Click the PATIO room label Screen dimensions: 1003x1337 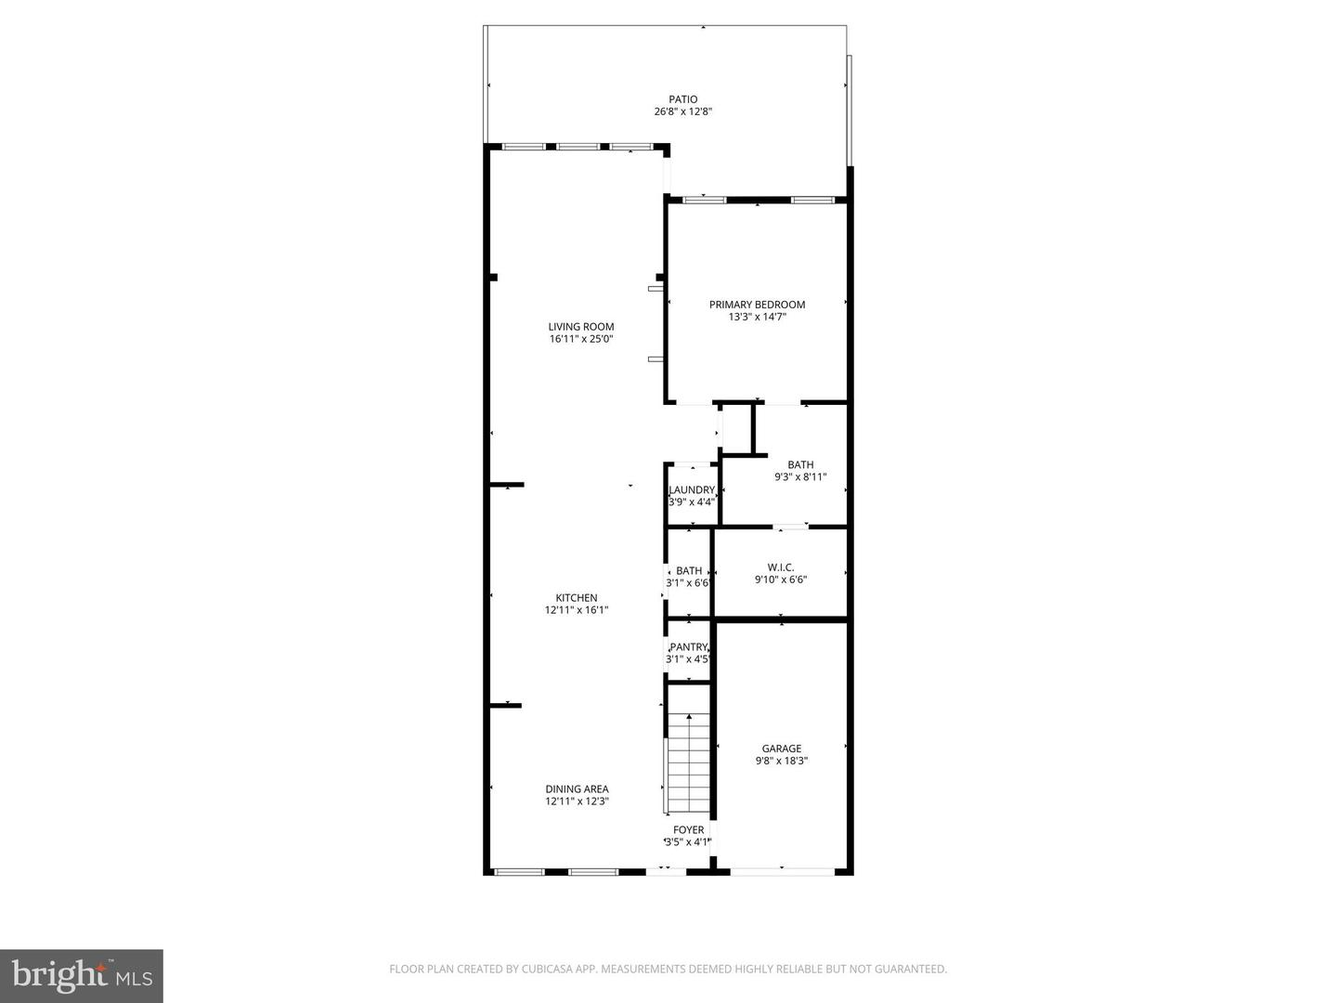[683, 99]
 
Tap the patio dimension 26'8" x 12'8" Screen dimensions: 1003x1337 [683, 111]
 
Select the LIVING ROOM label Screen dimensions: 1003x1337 [581, 327]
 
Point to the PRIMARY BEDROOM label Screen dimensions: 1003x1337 [757, 305]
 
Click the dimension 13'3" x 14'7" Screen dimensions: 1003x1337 [757, 317]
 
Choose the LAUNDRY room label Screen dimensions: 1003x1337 [692, 490]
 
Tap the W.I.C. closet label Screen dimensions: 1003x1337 [781, 567]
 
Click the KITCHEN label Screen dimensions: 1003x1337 [577, 598]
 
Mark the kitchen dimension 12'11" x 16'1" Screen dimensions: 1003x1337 [577, 610]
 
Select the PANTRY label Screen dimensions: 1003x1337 [689, 647]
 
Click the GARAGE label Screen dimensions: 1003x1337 [782, 749]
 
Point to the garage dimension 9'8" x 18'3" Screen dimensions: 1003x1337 [782, 761]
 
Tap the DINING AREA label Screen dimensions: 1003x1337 [577, 789]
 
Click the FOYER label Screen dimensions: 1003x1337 [689, 830]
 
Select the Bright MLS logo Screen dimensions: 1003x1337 [82, 975]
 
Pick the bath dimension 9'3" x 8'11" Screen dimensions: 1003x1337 [800, 477]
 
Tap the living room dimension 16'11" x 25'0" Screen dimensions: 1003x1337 [581, 339]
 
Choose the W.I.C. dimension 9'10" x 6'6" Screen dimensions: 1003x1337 [781, 580]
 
